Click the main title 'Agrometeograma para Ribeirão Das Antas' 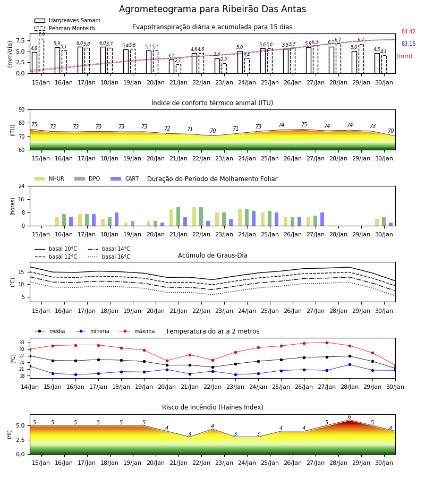(x=212, y=9)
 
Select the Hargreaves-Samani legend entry (x=67, y=20)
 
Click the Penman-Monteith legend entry (x=65, y=28)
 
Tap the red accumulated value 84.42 (x=408, y=31)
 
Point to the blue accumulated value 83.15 (x=408, y=44)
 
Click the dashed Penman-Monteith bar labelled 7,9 (x=41, y=56)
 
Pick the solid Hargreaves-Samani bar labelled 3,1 (x=172, y=66)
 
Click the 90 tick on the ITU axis (x=22, y=110)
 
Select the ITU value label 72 (x=167, y=129)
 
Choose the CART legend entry (x=125, y=178)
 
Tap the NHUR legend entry (x=49, y=178)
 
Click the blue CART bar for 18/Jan (x=116, y=219)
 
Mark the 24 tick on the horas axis (x=22, y=186)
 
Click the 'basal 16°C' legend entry (x=109, y=257)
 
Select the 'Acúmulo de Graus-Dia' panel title (x=212, y=255)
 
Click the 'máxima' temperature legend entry (x=137, y=331)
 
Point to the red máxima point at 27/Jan (x=327, y=343)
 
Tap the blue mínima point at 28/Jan (x=350, y=364)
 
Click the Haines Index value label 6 (x=350, y=417)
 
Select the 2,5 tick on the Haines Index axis (x=21, y=440)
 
